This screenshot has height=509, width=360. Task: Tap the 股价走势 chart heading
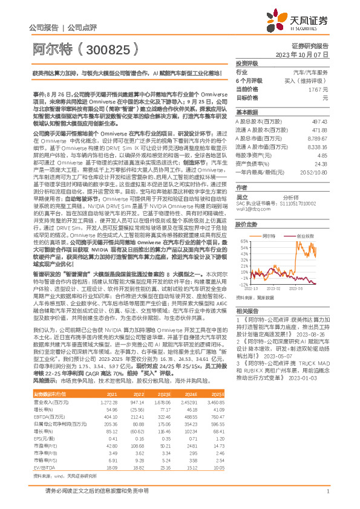pos(246,224)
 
